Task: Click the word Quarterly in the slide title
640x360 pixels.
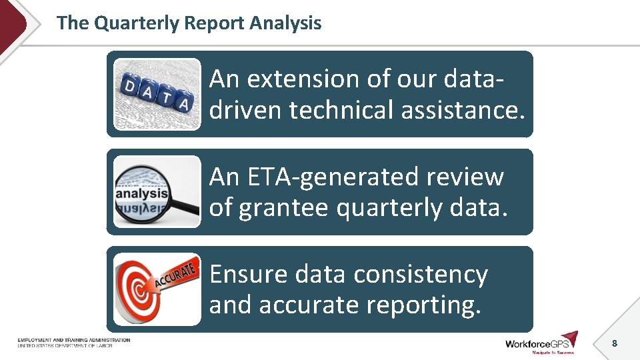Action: tap(137, 23)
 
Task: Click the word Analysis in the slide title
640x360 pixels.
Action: tap(285, 23)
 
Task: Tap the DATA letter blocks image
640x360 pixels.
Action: tap(157, 94)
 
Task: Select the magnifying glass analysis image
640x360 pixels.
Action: tap(157, 192)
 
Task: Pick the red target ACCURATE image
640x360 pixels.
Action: tap(157, 289)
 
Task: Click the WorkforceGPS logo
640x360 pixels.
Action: tap(541, 343)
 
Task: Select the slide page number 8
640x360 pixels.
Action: tap(614, 343)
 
